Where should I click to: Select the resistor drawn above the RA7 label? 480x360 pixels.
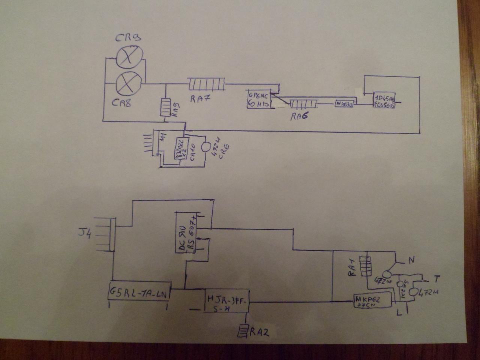pyautogui.click(x=206, y=84)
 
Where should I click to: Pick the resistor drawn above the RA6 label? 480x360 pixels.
pyautogui.click(x=304, y=103)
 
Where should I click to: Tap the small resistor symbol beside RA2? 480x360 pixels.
pyautogui.click(x=243, y=331)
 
